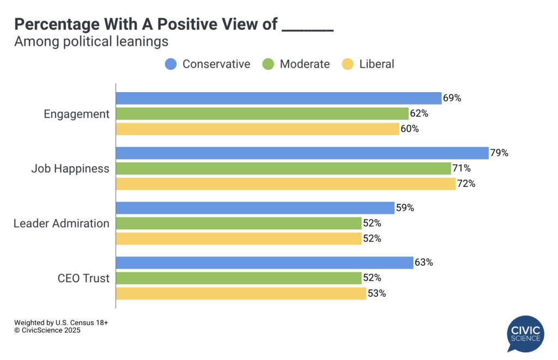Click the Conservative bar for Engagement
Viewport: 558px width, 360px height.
coord(278,98)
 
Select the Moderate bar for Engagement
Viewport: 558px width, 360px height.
coord(262,113)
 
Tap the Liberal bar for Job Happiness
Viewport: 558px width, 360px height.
coord(286,184)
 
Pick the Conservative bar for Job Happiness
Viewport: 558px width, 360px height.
coord(302,153)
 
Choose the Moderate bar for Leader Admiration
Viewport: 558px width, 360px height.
coord(239,223)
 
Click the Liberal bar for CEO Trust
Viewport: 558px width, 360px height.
coord(241,294)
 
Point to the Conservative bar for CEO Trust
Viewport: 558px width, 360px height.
coord(264,263)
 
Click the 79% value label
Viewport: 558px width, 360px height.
coord(499,153)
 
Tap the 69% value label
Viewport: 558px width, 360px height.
coord(452,99)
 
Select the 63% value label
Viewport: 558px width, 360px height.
coord(423,263)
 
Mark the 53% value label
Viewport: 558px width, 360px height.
coord(377,294)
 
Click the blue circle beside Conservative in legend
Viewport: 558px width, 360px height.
coord(171,64)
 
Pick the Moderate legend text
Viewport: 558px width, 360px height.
coord(305,64)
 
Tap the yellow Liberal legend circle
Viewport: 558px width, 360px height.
coord(347,64)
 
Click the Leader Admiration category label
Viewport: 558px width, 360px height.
coord(61,223)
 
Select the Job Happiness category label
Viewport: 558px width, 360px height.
coord(70,168)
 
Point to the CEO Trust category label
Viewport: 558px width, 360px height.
coord(83,278)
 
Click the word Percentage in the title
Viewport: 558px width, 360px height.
coord(54,24)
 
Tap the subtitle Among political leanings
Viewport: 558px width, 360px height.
coord(91,41)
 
